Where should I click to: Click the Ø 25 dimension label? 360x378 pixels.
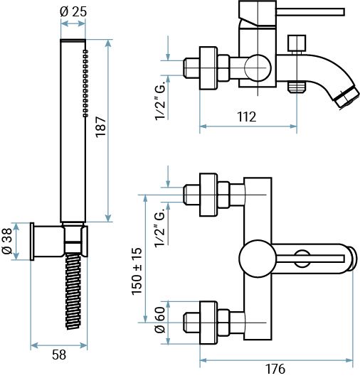[73, 11]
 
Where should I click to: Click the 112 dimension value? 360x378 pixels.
[246, 117]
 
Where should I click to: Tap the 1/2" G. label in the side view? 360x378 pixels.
[161, 100]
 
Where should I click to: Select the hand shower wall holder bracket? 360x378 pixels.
[50, 241]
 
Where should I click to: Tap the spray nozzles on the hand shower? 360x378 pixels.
[85, 82]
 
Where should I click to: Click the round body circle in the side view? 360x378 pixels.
[255, 70]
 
